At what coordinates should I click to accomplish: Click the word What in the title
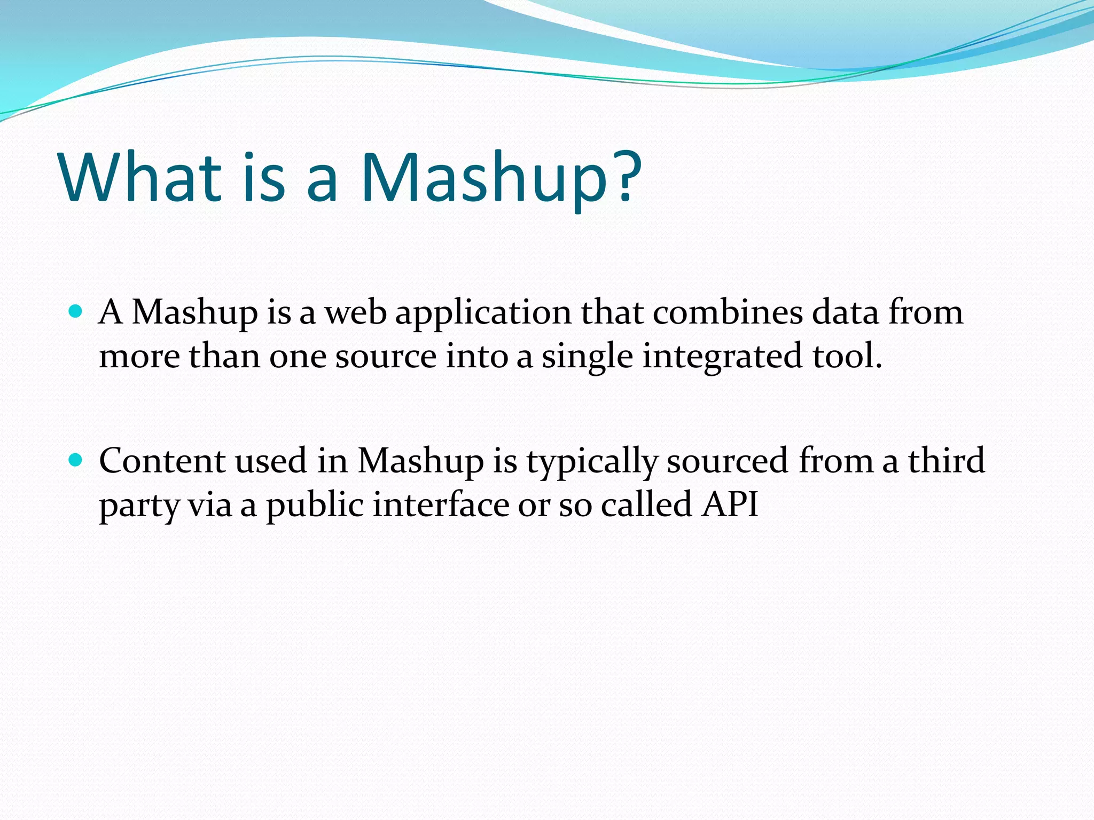(x=140, y=177)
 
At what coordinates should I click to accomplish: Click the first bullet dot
(x=76, y=311)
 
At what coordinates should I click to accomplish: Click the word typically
(x=592, y=462)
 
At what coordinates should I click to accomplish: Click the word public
(x=315, y=505)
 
